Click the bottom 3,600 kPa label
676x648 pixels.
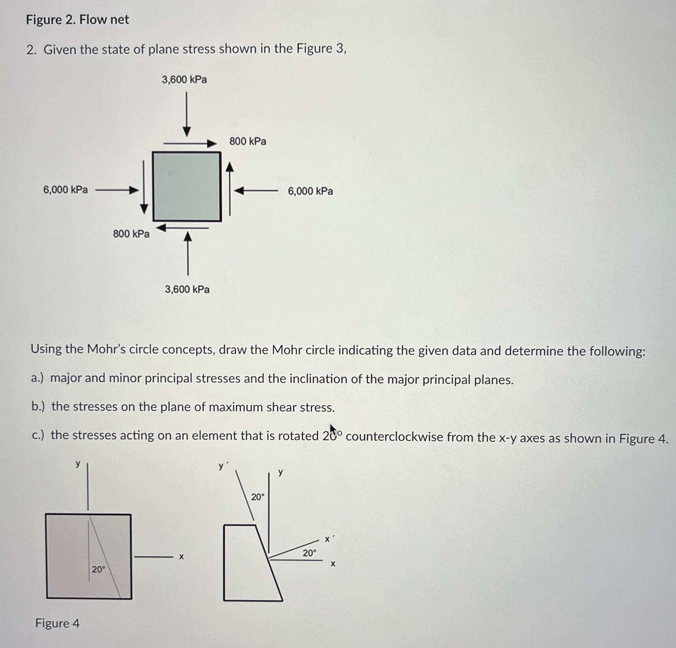(x=187, y=289)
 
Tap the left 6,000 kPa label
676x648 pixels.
(x=65, y=190)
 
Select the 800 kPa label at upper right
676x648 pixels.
(x=248, y=141)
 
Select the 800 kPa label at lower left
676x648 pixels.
(x=131, y=234)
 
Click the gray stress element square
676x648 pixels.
(x=187, y=186)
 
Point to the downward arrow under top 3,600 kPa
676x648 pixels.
(x=187, y=114)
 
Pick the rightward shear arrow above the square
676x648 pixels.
(x=190, y=143)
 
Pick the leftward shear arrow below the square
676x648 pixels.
(x=183, y=228)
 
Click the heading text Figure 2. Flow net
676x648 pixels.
(x=77, y=20)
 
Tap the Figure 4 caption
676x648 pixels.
(x=57, y=623)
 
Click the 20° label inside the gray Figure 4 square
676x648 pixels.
(x=98, y=569)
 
